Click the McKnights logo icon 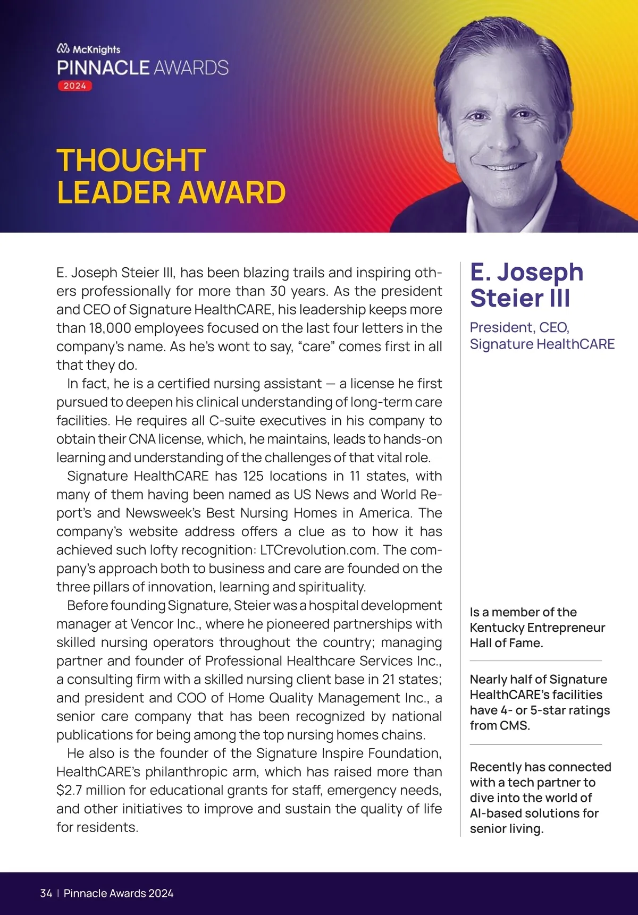[x=63, y=49]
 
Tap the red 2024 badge [x=75, y=86]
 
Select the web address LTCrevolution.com [x=319, y=550]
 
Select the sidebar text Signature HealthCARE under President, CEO [x=542, y=344]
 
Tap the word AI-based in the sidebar [x=495, y=814]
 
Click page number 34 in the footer [x=46, y=893]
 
